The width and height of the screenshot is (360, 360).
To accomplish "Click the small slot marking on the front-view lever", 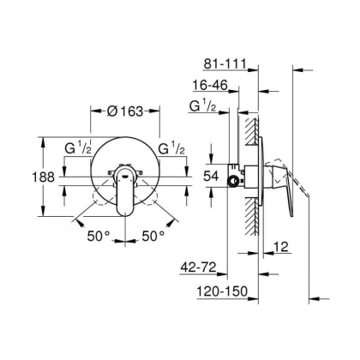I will click(x=126, y=174).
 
